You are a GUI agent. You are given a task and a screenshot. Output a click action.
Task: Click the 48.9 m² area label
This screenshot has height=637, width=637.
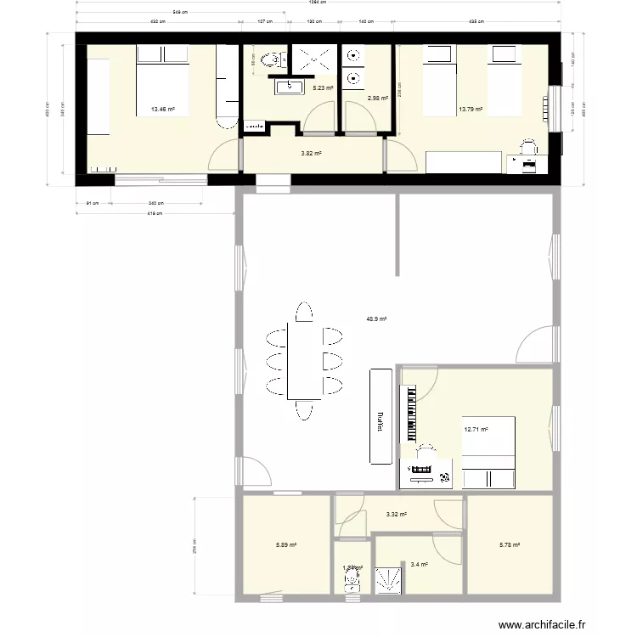click(376, 319)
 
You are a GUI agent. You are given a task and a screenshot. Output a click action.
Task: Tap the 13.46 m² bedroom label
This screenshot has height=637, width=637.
click(162, 110)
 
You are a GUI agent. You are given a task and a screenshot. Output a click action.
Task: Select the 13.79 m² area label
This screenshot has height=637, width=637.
click(470, 110)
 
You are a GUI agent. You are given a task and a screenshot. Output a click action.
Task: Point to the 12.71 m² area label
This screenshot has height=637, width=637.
click(476, 430)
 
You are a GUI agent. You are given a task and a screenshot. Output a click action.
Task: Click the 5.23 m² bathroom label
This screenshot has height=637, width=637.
click(323, 87)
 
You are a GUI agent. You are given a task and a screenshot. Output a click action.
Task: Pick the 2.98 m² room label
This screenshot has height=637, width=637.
click(377, 99)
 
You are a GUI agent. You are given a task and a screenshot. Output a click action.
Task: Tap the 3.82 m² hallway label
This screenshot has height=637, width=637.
click(312, 154)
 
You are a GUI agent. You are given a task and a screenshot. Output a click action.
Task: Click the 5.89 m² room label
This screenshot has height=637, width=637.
click(286, 546)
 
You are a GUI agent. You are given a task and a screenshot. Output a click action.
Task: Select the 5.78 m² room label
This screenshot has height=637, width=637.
click(510, 546)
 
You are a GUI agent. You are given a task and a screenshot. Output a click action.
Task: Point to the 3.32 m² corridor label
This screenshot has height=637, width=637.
click(397, 515)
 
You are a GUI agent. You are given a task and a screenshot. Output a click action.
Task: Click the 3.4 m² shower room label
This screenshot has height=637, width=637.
click(418, 564)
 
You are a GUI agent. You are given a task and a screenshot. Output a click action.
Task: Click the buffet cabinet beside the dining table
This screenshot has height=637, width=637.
click(381, 416)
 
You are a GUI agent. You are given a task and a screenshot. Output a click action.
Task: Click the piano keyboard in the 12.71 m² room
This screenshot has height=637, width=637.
click(413, 414)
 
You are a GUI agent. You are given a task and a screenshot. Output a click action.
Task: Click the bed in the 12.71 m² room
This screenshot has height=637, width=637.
click(490, 454)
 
